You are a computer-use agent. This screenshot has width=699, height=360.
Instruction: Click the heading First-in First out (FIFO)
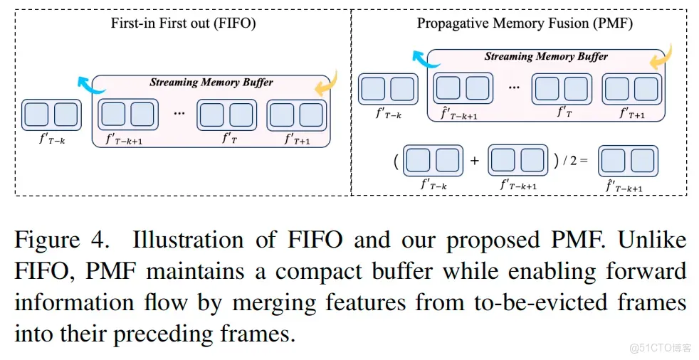tap(183, 23)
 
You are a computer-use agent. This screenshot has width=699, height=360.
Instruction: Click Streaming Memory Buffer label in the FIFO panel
tap(211, 83)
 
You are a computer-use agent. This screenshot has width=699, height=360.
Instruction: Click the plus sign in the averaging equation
tap(475, 161)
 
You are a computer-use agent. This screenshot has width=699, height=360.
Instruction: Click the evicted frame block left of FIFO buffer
tap(51, 115)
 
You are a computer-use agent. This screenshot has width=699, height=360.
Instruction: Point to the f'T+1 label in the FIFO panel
tap(295, 140)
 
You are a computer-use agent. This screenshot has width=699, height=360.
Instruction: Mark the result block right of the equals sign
tap(628, 161)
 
